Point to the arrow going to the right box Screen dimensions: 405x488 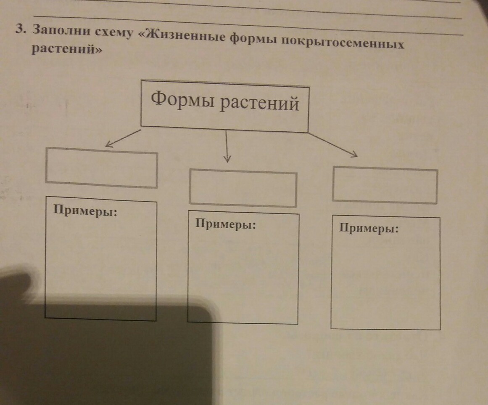click(333, 145)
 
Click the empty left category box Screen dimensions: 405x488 click(101, 168)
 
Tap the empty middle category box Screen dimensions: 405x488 click(243, 188)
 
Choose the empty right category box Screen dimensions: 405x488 click(385, 185)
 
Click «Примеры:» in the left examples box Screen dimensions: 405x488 click(84, 210)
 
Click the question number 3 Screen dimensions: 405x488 click(19, 29)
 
